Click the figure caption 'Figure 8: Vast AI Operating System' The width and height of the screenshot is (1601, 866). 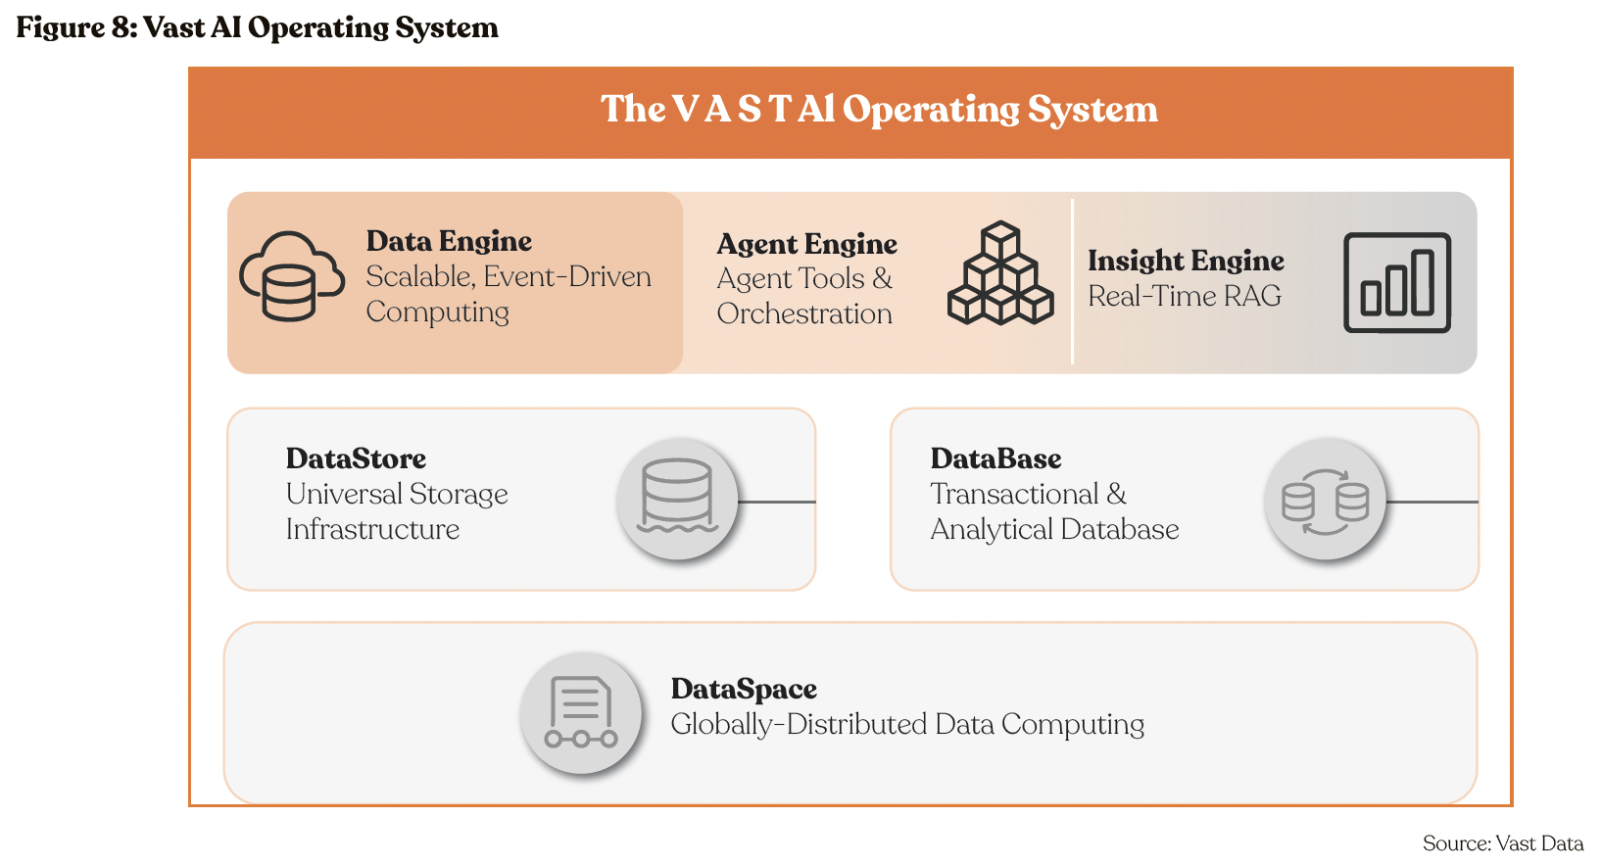(x=257, y=27)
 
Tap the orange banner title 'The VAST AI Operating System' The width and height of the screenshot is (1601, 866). (x=879, y=109)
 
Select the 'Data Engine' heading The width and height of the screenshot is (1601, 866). (x=449, y=241)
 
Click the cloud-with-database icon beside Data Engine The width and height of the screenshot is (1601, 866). (x=291, y=276)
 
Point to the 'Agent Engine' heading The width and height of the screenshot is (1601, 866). (x=806, y=244)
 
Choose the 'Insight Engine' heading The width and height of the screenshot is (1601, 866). (x=1186, y=261)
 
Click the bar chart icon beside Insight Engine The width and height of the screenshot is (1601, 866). (x=1396, y=282)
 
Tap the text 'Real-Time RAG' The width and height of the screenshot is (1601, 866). (x=1184, y=296)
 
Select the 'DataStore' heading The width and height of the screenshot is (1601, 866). (x=356, y=458)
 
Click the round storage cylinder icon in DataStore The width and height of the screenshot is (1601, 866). (x=676, y=499)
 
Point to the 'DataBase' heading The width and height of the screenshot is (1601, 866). (x=995, y=458)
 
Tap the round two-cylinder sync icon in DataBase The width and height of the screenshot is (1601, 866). (x=1325, y=501)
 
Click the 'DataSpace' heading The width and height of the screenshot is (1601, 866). (x=744, y=689)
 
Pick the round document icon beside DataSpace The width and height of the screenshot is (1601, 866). (x=581, y=712)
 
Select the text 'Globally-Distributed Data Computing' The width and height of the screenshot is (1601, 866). (x=907, y=724)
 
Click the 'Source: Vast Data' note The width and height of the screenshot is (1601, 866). (x=1502, y=843)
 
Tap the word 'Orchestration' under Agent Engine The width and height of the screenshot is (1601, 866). (x=804, y=313)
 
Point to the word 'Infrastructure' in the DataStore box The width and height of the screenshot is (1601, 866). (x=372, y=529)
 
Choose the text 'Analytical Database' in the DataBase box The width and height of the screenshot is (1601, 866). (x=1054, y=529)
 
